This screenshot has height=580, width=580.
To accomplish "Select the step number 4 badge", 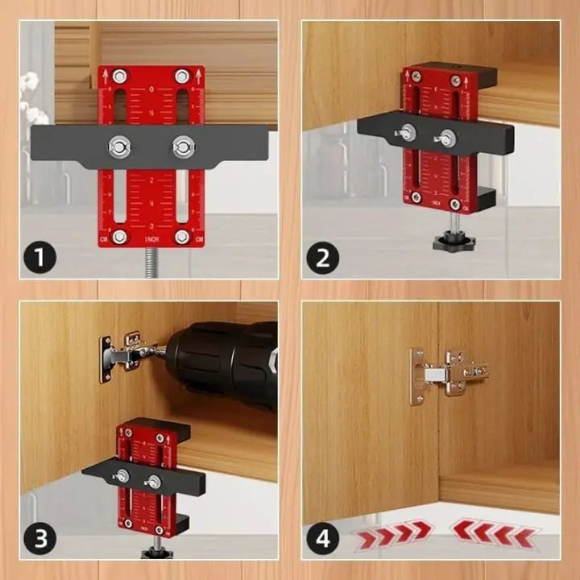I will point(322,539).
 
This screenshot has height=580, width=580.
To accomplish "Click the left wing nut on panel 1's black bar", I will point(120,147).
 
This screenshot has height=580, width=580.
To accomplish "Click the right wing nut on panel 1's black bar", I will point(183,147).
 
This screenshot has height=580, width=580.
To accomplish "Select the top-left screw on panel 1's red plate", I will point(119,77).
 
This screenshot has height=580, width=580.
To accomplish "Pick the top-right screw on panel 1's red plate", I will point(183,77).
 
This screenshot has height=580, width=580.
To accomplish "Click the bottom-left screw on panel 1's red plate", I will point(119,236).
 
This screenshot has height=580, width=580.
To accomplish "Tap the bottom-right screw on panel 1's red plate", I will point(182,236).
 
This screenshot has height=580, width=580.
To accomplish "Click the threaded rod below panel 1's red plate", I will point(151,263).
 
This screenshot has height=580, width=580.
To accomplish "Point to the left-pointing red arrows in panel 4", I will point(493,532).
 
